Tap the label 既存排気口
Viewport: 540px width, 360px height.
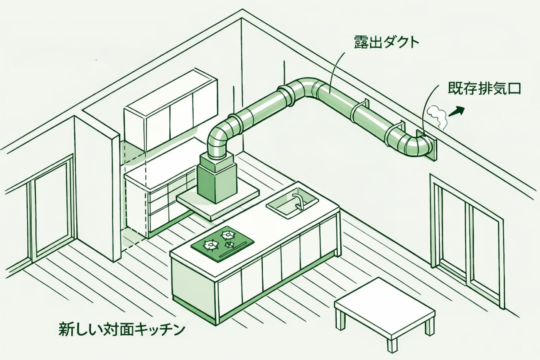coord(484,89)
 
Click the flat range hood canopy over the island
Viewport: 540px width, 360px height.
coord(218,201)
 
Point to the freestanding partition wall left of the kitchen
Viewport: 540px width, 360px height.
coord(96,189)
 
